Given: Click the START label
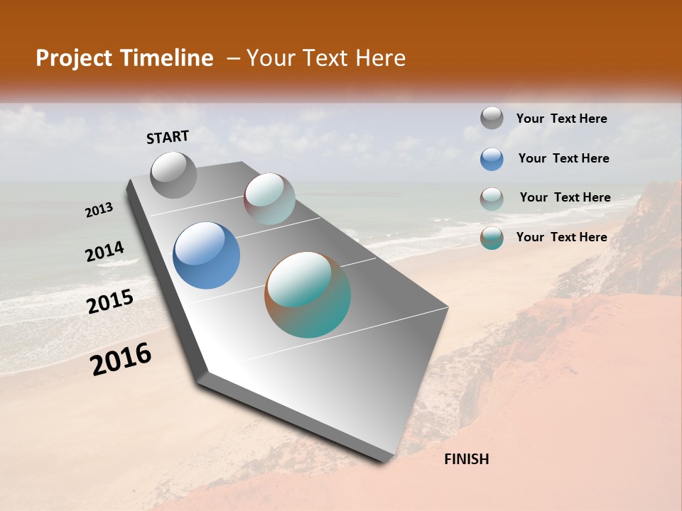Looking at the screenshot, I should coord(168,136).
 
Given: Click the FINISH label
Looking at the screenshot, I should coord(466,459).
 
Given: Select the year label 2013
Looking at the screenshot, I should coord(99,210).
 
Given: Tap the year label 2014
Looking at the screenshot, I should coord(104,252).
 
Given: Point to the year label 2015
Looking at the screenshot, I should coord(110,302).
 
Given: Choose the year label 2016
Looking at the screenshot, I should coord(121,358).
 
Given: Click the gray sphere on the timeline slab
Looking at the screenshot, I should coord(174,175).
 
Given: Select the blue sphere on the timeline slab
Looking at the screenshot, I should coord(206,255).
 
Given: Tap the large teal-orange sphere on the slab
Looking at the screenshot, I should coord(308,295).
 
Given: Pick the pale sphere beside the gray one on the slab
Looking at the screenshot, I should coord(269,199).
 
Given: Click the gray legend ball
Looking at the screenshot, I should coord(492,119).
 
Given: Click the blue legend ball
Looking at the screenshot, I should coord(492,159).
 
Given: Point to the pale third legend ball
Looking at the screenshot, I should coord(492,199).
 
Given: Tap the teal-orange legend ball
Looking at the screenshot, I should coord(492,238).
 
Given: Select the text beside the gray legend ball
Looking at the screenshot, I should coord(561,119).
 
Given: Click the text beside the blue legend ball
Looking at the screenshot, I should coord(563,158).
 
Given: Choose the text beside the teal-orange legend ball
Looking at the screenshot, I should coord(561,237).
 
